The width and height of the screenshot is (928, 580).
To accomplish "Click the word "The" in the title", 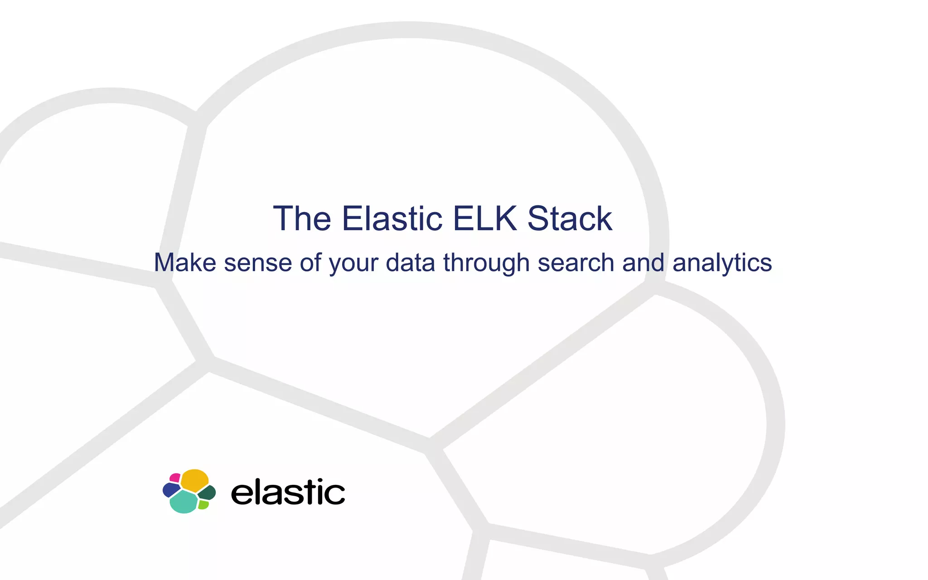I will tap(302, 219).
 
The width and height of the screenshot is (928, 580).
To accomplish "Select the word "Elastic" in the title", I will tap(392, 219).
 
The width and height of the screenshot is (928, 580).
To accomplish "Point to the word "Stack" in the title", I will tap(570, 219).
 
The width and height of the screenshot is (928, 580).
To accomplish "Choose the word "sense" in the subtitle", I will tap(258, 263).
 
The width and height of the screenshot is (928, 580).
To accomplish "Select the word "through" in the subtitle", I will tap(486, 264).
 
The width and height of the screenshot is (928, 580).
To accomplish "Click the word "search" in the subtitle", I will tap(575, 263).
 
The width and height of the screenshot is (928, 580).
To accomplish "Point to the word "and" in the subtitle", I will tap(643, 263).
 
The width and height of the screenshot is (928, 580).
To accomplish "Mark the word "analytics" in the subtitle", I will tap(722, 264).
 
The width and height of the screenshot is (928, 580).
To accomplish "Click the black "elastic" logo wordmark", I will tap(288, 492).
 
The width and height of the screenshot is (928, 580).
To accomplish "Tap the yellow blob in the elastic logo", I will tap(195, 480).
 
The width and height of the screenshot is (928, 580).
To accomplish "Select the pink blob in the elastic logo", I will tap(175, 478).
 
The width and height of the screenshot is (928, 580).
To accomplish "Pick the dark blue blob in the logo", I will tap(170, 490).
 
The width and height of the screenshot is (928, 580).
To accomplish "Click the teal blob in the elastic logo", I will tap(184, 502).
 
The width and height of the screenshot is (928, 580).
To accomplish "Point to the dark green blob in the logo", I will tap(208, 493).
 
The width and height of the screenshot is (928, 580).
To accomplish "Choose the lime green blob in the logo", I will tap(203, 504).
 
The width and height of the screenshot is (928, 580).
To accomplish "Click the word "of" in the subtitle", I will tap(310, 263).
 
